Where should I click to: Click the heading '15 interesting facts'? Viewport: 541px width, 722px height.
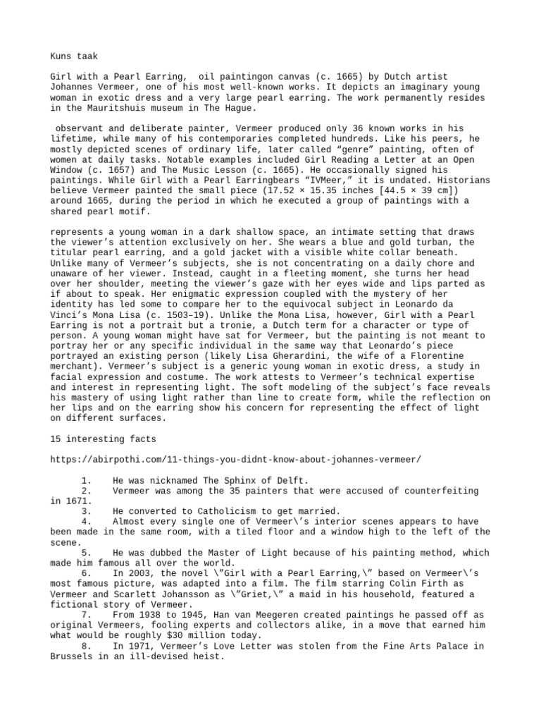[104, 439]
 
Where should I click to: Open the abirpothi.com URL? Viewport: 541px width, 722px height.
[236, 460]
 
